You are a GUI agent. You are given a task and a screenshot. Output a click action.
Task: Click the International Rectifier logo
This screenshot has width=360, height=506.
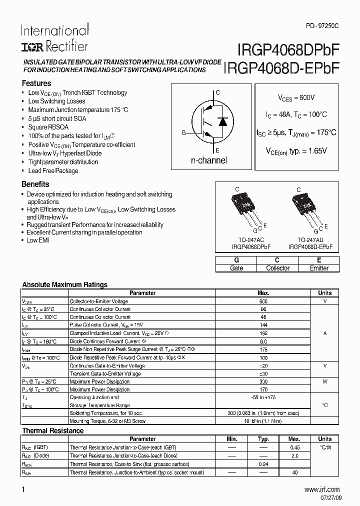[54, 38]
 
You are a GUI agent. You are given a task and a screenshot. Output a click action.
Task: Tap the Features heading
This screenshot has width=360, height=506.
[36, 83]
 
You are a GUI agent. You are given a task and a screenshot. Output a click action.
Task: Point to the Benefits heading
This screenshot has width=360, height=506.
[35, 184]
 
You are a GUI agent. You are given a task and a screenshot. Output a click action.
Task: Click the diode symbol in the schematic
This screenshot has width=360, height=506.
[223, 121]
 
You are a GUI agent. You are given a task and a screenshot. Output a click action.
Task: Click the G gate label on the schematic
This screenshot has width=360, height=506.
[183, 132]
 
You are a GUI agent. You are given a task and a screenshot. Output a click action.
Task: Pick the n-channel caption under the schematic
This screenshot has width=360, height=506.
[209, 160]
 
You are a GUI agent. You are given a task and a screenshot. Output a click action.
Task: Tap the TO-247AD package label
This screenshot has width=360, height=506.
[310, 240]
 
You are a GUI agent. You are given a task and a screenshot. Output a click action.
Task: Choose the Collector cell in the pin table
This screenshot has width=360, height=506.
[277, 268]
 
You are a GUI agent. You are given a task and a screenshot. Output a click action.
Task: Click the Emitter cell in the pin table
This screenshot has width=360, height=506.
[319, 268]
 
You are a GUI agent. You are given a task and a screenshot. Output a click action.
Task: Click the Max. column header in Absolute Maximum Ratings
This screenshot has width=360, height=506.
[263, 293]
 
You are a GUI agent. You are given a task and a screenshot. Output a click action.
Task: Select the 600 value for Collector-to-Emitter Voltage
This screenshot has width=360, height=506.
[263, 301]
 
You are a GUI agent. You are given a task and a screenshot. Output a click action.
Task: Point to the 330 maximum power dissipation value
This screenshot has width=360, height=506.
[263, 381]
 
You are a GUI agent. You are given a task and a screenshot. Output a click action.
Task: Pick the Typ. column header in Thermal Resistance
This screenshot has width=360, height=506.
[263, 439]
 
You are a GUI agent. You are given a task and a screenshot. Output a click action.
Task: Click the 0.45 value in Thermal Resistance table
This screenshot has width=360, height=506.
[295, 447]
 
